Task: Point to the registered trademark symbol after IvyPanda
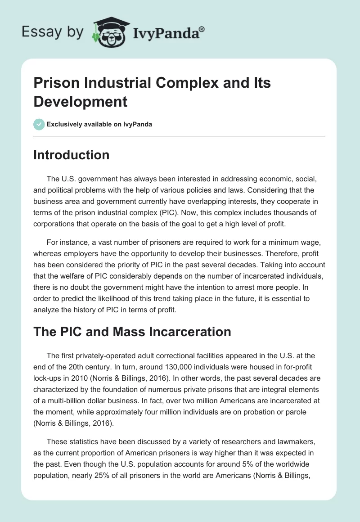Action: pos(202,29)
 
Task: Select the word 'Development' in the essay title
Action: pos(81,101)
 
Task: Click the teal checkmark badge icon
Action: pos(39,124)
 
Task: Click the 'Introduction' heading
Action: pos(72,155)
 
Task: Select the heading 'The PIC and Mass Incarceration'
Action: pos(132,332)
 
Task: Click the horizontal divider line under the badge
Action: pos(180,136)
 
